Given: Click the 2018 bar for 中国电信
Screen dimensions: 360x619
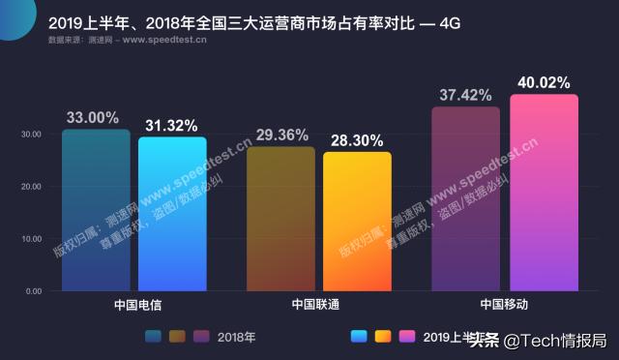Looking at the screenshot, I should click(96, 209).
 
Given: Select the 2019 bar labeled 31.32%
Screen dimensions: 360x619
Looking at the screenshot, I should click(171, 213).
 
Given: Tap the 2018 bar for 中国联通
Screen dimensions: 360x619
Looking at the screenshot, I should click(280, 218).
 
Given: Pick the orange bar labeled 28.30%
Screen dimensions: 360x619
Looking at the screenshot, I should click(357, 221).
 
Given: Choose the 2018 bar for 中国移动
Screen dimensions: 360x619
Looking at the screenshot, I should click(465, 198).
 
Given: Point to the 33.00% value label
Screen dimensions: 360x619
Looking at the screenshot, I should click(93, 118).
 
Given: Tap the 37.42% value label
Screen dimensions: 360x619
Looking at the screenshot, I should click(464, 96).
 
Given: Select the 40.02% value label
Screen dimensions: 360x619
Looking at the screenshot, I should click(544, 82).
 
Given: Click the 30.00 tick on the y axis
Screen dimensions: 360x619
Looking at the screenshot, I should click(32, 135).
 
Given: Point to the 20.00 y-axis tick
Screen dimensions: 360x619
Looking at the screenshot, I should click(32, 187).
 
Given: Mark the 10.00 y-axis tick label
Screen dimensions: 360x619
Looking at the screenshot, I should click(32, 239).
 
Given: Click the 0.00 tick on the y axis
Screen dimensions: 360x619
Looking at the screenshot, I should click(34, 290).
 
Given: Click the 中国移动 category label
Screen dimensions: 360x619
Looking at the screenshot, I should click(504, 304).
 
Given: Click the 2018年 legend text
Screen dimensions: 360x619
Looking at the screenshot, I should click(237, 337).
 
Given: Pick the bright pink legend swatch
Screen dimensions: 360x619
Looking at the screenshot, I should click(407, 337).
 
